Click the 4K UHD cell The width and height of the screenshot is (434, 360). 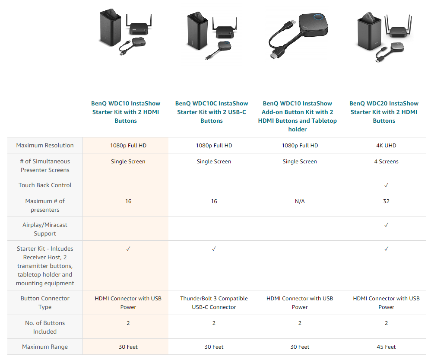point(386,145)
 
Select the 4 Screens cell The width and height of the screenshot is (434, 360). point(386,162)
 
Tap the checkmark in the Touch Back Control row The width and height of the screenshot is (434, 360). point(386,185)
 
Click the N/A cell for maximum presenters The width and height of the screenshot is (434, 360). point(300,201)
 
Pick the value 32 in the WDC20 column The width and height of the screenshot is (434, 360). point(386,201)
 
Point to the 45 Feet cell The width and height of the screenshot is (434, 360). point(386,347)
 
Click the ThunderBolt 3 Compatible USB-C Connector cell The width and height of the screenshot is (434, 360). point(214,303)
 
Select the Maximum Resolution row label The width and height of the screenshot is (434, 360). point(45,145)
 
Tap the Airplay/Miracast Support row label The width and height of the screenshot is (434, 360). point(45,229)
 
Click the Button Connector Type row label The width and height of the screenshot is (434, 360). point(45,303)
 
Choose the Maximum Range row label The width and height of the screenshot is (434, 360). point(45,347)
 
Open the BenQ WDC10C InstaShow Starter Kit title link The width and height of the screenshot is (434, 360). point(212,112)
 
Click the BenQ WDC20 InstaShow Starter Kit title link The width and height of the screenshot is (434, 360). point(384,112)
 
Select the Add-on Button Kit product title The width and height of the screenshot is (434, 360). point(297,116)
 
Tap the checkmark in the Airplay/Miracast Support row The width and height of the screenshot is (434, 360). point(386,225)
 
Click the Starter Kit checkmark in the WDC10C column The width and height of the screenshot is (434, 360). point(214,248)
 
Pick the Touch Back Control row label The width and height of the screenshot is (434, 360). point(45,185)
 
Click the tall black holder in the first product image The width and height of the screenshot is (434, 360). point(110,27)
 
